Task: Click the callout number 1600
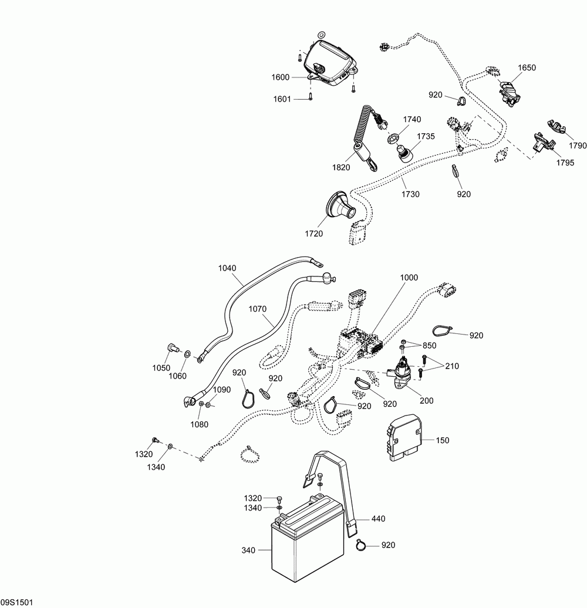[281, 77]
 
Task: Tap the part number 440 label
[378, 518]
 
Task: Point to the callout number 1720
[313, 234]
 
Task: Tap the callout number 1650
[527, 67]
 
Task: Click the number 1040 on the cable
[227, 268]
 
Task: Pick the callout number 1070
[258, 309]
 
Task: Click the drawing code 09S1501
[16, 602]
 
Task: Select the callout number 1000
[409, 277]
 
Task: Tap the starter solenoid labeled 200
[403, 373]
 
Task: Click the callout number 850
[429, 346]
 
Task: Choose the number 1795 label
[565, 163]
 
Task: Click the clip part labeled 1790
[555, 126]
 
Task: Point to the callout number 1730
[410, 194]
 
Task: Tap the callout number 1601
[282, 99]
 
